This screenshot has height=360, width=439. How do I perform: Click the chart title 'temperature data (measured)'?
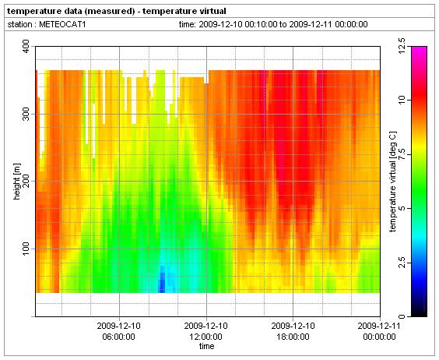pyautogui.click(x=71, y=11)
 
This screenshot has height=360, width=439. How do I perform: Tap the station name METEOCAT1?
pyautogui.click(x=62, y=24)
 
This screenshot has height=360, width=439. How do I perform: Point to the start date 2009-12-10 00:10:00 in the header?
pyautogui.click(x=237, y=24)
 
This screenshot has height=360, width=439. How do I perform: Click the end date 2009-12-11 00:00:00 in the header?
pyautogui.click(x=328, y=24)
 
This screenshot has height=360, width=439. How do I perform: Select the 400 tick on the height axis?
pyautogui.click(x=26, y=46)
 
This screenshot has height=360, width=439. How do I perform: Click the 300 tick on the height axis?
pyautogui.click(x=26, y=114)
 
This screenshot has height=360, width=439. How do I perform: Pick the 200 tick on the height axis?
pyautogui.click(x=26, y=181)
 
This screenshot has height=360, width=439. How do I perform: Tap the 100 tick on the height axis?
pyautogui.click(x=26, y=249)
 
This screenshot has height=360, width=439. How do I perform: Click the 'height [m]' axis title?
pyautogui.click(x=17, y=182)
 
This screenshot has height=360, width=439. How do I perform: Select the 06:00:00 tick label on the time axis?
pyautogui.click(x=119, y=331)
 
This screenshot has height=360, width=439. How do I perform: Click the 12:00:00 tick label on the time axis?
pyautogui.click(x=206, y=331)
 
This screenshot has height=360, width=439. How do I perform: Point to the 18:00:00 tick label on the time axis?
pyautogui.click(x=293, y=331)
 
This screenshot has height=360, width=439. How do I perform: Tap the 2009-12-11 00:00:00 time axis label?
pyautogui.click(x=379, y=331)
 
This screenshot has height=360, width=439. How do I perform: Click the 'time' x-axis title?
pyautogui.click(x=206, y=346)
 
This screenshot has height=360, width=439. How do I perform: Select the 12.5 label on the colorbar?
pyautogui.click(x=402, y=46)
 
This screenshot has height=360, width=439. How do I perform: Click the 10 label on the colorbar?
pyautogui.click(x=402, y=100)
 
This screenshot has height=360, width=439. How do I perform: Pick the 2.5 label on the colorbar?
pyautogui.click(x=402, y=263)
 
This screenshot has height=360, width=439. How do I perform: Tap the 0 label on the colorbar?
pyautogui.click(x=402, y=316)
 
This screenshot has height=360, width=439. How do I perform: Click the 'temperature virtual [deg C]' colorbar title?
pyautogui.click(x=393, y=182)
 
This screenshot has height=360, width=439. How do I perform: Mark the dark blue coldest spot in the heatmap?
pyautogui.click(x=162, y=281)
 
